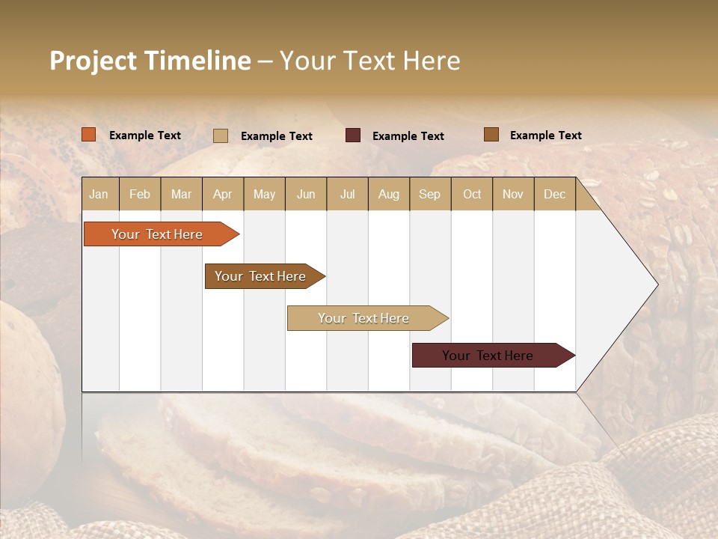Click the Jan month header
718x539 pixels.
pyautogui.click(x=99, y=195)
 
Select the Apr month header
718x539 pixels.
pyautogui.click(x=223, y=195)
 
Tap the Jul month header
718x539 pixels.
pyautogui.click(x=348, y=195)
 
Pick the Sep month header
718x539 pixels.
pyautogui.click(x=429, y=195)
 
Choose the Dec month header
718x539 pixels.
pyautogui.click(x=554, y=195)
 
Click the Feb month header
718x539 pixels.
pyautogui.click(x=140, y=195)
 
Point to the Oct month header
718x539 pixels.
pyautogui.click(x=472, y=195)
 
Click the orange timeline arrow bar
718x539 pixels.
pyautogui.click(x=157, y=234)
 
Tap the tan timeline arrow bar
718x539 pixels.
pyautogui.click(x=363, y=318)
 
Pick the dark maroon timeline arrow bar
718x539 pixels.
pyautogui.click(x=488, y=356)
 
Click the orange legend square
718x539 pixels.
pyautogui.click(x=89, y=135)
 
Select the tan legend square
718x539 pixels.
pyautogui.click(x=221, y=135)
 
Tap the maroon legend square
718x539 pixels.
pyautogui.click(x=353, y=135)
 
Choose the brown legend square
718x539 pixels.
pyautogui.click(x=491, y=135)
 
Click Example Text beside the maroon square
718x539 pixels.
pyautogui.click(x=408, y=136)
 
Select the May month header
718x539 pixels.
pyautogui.click(x=264, y=195)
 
